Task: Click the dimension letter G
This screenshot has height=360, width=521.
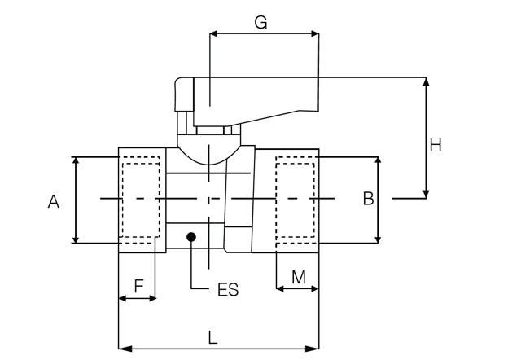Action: (x=260, y=22)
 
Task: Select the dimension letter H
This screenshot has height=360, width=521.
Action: (x=436, y=145)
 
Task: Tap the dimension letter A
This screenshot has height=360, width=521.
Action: (x=54, y=200)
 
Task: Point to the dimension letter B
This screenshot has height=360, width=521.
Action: (x=368, y=198)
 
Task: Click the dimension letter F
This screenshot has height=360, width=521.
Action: (x=138, y=286)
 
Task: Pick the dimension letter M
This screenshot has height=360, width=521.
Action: (x=298, y=277)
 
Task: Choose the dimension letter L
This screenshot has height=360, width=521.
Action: (x=212, y=336)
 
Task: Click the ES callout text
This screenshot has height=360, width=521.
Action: (x=228, y=290)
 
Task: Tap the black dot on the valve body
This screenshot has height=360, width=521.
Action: (x=191, y=238)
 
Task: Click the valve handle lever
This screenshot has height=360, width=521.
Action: (x=252, y=96)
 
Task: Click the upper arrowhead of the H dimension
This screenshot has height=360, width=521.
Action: (x=426, y=82)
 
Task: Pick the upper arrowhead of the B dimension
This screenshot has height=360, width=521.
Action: (x=378, y=161)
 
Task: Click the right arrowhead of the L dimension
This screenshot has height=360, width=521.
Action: (x=314, y=349)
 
